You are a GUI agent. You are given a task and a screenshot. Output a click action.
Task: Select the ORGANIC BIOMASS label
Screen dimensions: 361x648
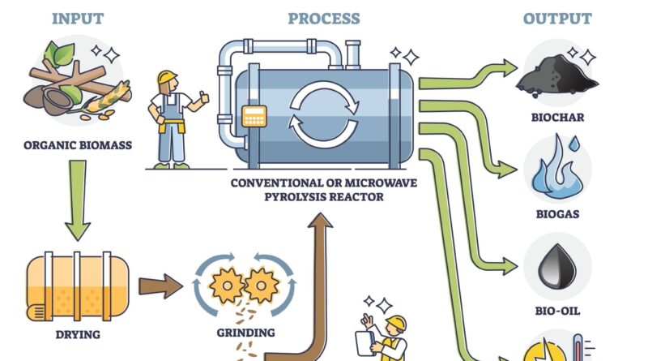coord(77,148)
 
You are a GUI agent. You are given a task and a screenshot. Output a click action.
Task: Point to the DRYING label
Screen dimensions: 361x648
coord(78,334)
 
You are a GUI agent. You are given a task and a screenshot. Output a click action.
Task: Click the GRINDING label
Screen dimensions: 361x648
coord(245,333)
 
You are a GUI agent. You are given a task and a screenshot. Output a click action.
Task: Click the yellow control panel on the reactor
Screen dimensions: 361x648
coord(255,118)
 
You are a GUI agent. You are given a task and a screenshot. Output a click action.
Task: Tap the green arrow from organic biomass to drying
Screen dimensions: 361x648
coord(78,199)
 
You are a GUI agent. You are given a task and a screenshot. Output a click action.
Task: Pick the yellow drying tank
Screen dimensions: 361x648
coord(78,286)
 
